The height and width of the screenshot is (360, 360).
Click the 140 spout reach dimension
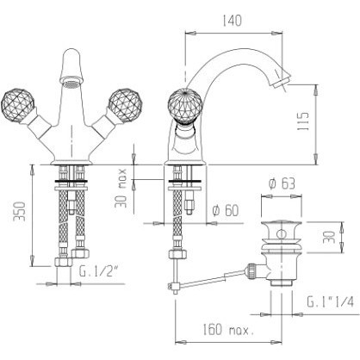[232, 21]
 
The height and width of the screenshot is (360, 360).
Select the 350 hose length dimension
[21, 212]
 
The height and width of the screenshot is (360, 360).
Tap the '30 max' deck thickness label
[121, 188]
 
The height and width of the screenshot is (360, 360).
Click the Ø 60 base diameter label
[226, 211]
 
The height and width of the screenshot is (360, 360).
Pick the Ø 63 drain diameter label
[282, 183]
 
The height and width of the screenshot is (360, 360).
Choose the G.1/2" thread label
[99, 270]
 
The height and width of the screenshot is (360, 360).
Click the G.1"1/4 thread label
[331, 301]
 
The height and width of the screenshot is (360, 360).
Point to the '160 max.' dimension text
[228, 330]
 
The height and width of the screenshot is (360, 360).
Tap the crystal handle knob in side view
[185, 105]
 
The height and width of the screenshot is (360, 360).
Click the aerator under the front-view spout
[71, 84]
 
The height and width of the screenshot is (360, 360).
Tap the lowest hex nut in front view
[63, 262]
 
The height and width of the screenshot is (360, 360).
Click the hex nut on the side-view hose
[178, 254]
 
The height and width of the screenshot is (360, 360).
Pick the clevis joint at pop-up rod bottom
[173, 286]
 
